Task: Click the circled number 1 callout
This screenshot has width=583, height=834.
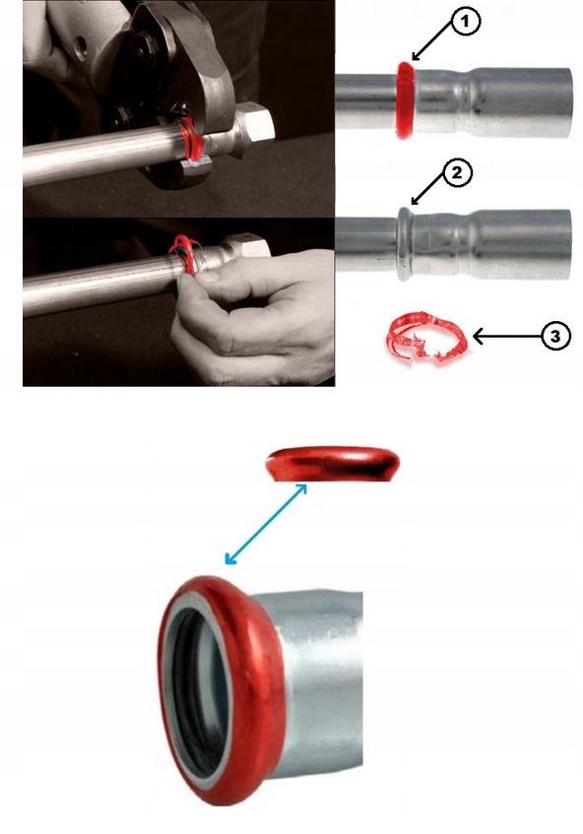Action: coord(467,22)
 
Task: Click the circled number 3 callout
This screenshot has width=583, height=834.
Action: coord(555,336)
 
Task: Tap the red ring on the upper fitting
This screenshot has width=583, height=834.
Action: coord(406,100)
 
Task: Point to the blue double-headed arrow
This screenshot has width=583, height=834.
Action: coord(266,524)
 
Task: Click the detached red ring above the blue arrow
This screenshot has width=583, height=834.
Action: coord(334,463)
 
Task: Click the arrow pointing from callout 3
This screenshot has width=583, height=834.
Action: coord(506,337)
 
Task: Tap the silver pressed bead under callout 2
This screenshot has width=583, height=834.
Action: coord(405,243)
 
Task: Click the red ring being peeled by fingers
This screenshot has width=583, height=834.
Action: coord(183,253)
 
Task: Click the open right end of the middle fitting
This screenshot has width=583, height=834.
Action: coord(567,244)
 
